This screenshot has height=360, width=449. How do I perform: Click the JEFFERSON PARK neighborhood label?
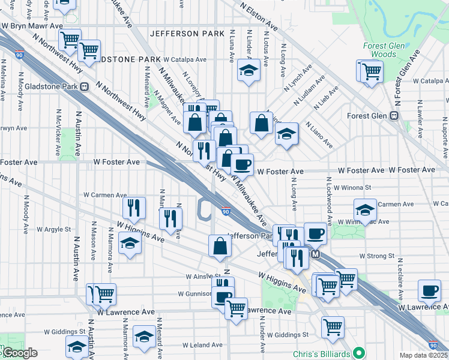(187, 34)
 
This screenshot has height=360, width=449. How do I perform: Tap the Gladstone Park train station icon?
(84, 86)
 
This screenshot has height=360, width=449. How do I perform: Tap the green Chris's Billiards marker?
(360, 353)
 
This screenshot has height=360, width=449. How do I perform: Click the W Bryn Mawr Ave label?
(32, 26)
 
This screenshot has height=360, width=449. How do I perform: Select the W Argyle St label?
(53, 229)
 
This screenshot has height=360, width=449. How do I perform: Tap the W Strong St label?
(376, 256)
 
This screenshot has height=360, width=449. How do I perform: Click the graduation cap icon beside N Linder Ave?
(247, 70)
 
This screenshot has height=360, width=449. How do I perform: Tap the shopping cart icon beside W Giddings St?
(333, 326)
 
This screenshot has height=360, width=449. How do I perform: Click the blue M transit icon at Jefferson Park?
(316, 254)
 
